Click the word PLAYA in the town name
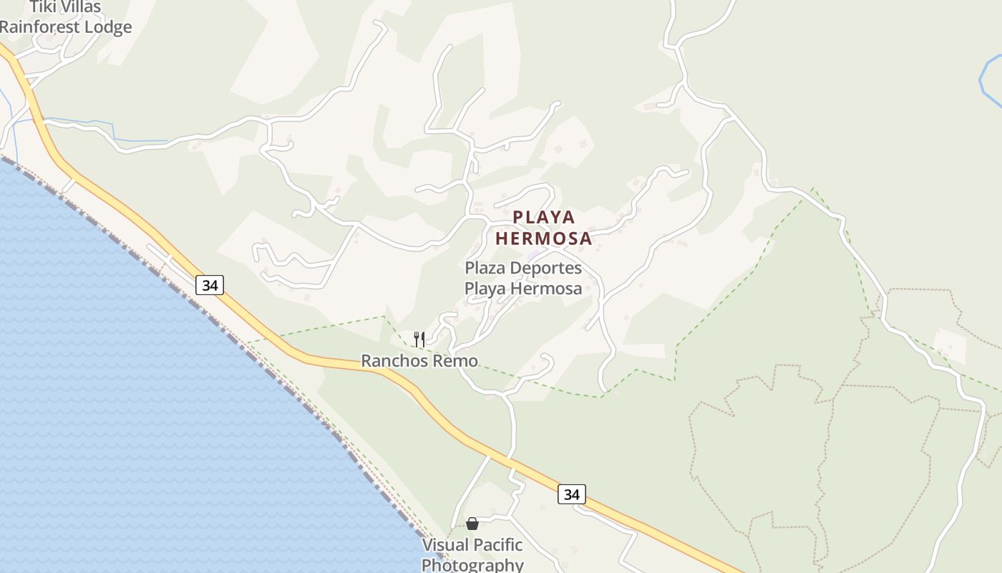(544, 217)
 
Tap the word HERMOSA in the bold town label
(544, 239)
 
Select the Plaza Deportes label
(523, 278)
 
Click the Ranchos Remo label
(419, 361)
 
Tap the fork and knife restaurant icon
(419, 339)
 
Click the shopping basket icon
(472, 524)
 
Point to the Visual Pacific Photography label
(472, 554)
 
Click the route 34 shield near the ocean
(210, 285)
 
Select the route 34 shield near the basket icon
(571, 494)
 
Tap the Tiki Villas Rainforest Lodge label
(66, 17)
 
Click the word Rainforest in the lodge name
(40, 27)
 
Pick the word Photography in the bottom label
(472, 564)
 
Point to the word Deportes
(547, 268)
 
